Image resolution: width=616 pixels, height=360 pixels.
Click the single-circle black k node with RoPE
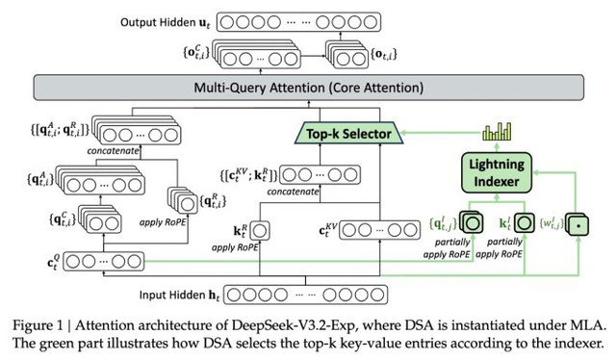coord(260,230)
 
